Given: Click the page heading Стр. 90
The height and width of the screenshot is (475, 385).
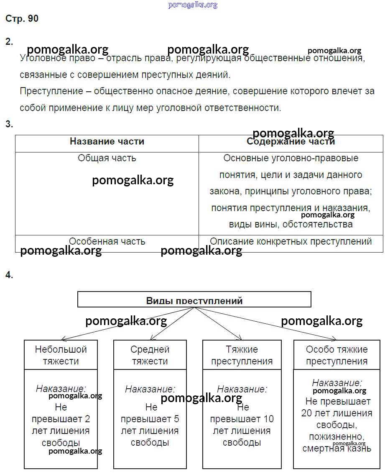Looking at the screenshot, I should tap(22, 19).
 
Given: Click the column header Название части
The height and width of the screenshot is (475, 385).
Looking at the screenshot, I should tap(107, 142).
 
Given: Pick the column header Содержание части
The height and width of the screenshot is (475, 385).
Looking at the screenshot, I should tap(291, 142).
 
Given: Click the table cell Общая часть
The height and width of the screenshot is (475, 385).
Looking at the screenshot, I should tap(107, 158).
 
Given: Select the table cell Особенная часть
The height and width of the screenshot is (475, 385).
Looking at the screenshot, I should tap(107, 242).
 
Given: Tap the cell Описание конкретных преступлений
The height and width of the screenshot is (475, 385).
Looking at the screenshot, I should tap(291, 242).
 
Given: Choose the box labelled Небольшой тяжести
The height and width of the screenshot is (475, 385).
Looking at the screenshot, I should tap(61, 355).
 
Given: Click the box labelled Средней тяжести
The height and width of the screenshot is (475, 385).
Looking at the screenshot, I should tap(150, 355).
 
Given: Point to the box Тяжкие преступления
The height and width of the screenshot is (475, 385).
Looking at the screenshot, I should tap(242, 355).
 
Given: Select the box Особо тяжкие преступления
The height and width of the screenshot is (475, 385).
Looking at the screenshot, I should tap(337, 355).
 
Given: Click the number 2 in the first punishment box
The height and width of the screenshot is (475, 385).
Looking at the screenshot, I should tap(87, 419).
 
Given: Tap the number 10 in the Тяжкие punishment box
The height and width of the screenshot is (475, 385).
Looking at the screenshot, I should tap(269, 419).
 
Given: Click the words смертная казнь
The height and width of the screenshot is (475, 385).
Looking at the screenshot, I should tap(337, 449).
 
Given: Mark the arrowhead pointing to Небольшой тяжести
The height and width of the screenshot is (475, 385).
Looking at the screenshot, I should tap(62, 339).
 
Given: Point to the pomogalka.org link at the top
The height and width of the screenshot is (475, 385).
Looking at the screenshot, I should tap(193, 5).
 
